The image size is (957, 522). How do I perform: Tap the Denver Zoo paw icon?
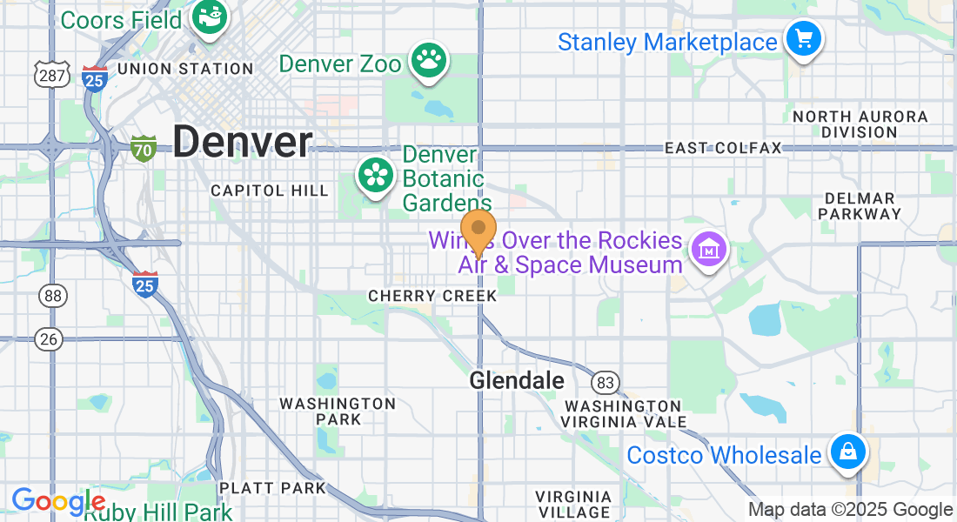pyautogui.click(x=429, y=59)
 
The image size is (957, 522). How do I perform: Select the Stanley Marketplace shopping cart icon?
pyautogui.click(x=803, y=39)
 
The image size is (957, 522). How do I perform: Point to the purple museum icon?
pyautogui.click(x=708, y=251)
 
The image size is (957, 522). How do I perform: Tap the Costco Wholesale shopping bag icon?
pyautogui.click(x=847, y=452)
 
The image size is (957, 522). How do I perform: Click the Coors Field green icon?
pyautogui.click(x=210, y=17)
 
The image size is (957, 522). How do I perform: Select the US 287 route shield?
pyautogui.click(x=51, y=75)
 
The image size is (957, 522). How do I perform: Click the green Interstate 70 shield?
pyautogui.click(x=144, y=148)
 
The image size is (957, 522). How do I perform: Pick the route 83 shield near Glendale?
pyautogui.click(x=606, y=381)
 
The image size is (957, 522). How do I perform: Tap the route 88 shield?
pyautogui.click(x=53, y=296)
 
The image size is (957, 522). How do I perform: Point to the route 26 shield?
pyautogui.click(x=50, y=339)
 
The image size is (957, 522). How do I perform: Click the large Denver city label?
pyautogui.click(x=242, y=143)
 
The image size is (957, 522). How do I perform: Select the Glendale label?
pyautogui.click(x=517, y=380)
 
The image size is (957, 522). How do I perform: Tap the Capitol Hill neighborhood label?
pyautogui.click(x=270, y=191)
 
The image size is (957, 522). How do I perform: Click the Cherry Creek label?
pyautogui.click(x=432, y=296)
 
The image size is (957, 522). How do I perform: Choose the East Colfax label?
pyautogui.click(x=723, y=148)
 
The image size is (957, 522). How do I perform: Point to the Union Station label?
pyautogui.click(x=184, y=69)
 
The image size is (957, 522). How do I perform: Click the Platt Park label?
pyautogui.click(x=272, y=488)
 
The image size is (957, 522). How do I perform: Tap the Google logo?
pyautogui.click(x=57, y=502)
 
